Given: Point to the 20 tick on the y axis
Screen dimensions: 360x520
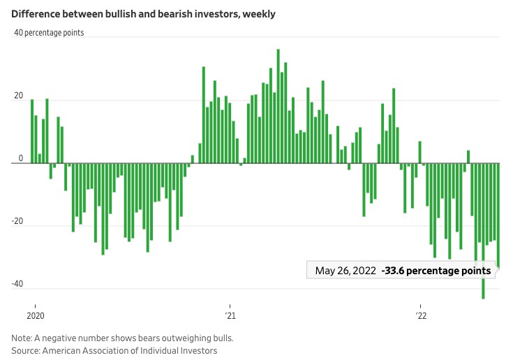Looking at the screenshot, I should tap(18, 96).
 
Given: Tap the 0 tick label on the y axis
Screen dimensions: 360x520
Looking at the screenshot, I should tap(21, 158).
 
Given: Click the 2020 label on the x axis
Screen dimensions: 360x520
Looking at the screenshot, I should tap(34, 316).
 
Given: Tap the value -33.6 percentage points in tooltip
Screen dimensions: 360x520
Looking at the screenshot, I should tap(436, 271).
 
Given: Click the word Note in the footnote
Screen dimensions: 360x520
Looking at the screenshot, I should tap(22, 338).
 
